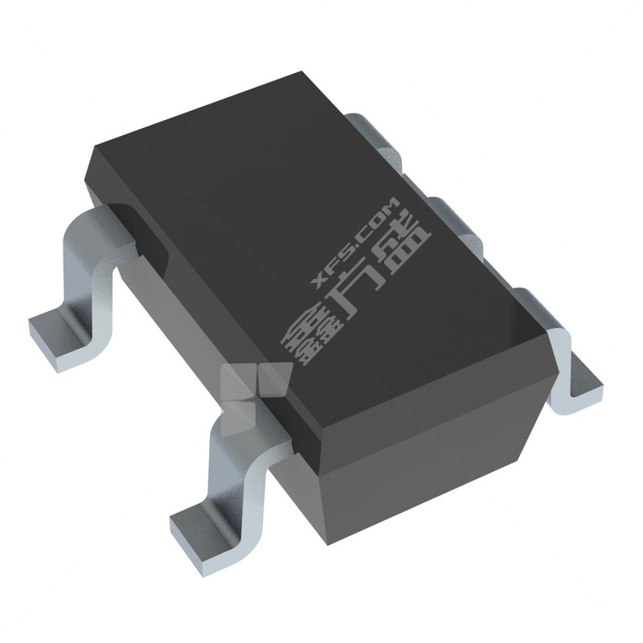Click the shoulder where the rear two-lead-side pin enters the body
[x=121, y=217]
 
